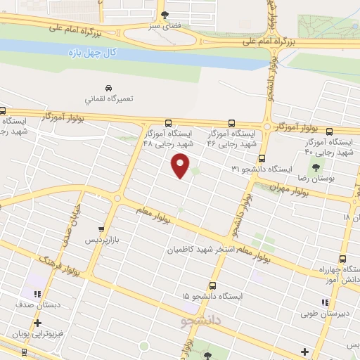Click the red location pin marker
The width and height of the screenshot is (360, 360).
pos(181,165)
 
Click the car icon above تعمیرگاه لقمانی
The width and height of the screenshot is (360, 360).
pos(108,88)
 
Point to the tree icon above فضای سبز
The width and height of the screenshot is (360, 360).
pos(165,13)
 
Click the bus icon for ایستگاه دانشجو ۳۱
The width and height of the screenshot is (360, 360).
pos(262,159)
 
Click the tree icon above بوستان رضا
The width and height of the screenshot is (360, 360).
pos(314,167)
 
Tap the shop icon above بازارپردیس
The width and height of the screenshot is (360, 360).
pos(103,229)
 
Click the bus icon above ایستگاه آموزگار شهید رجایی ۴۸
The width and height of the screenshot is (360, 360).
pos(168,122)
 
